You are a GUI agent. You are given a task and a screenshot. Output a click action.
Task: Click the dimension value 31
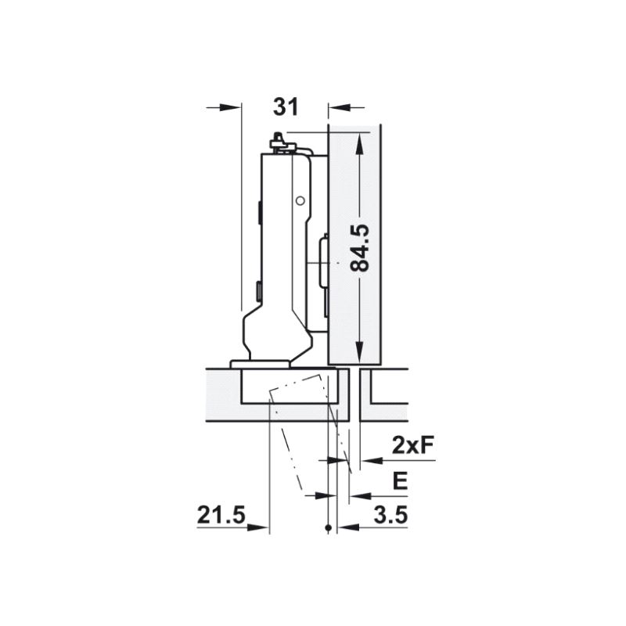(286, 107)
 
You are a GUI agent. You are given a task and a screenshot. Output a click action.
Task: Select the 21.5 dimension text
(221, 515)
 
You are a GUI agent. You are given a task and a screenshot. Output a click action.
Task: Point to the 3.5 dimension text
(390, 515)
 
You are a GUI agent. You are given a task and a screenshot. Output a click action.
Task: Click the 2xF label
(412, 446)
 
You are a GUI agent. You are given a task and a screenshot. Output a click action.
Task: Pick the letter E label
(401, 481)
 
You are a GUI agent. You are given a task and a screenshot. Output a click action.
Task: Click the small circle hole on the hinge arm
(300, 201)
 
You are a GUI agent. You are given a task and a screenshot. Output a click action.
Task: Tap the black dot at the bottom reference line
(329, 527)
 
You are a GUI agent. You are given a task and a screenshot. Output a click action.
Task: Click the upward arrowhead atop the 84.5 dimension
(359, 143)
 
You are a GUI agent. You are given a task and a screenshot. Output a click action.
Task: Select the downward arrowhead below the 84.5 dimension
(359, 352)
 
